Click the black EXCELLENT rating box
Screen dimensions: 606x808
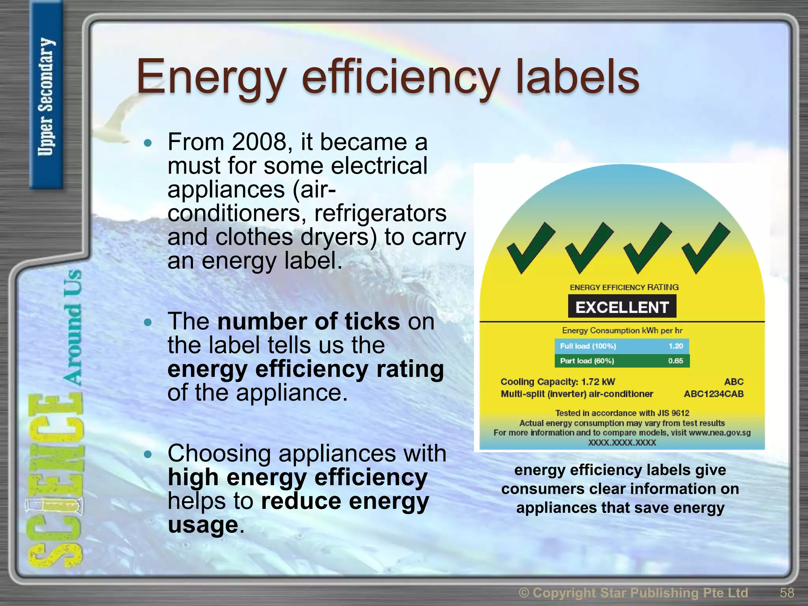[622, 307]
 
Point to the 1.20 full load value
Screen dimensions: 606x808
[675, 346]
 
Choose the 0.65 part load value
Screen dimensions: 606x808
[675, 361]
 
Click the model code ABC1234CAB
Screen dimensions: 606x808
[713, 394]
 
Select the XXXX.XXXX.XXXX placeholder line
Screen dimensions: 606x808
[622, 442]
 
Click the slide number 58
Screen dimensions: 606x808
[787, 593]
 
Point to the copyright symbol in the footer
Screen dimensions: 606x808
[524, 593]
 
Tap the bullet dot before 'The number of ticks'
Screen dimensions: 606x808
[148, 323]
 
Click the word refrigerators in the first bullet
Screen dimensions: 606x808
[380, 213]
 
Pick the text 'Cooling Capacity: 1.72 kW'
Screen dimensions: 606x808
[557, 382]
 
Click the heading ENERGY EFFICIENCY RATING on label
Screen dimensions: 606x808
[624, 287]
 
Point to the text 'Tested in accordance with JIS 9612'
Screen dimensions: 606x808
[622, 413]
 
